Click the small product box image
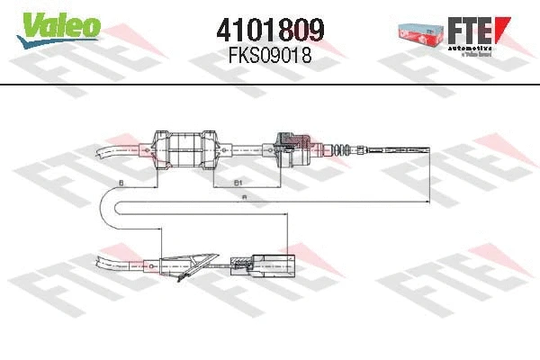pyautogui.click(x=420, y=31)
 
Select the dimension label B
pyautogui.click(x=121, y=184)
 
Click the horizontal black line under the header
pyautogui.click(x=270, y=84)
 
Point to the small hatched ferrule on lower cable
pyautogui.click(x=239, y=263)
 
